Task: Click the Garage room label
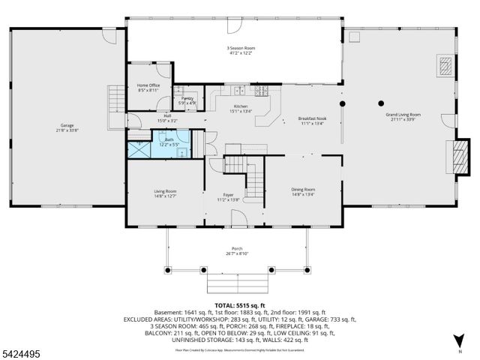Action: [68, 127]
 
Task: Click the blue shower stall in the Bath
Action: [139, 148]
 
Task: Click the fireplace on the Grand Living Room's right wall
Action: [456, 157]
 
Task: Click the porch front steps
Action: [237, 284]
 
